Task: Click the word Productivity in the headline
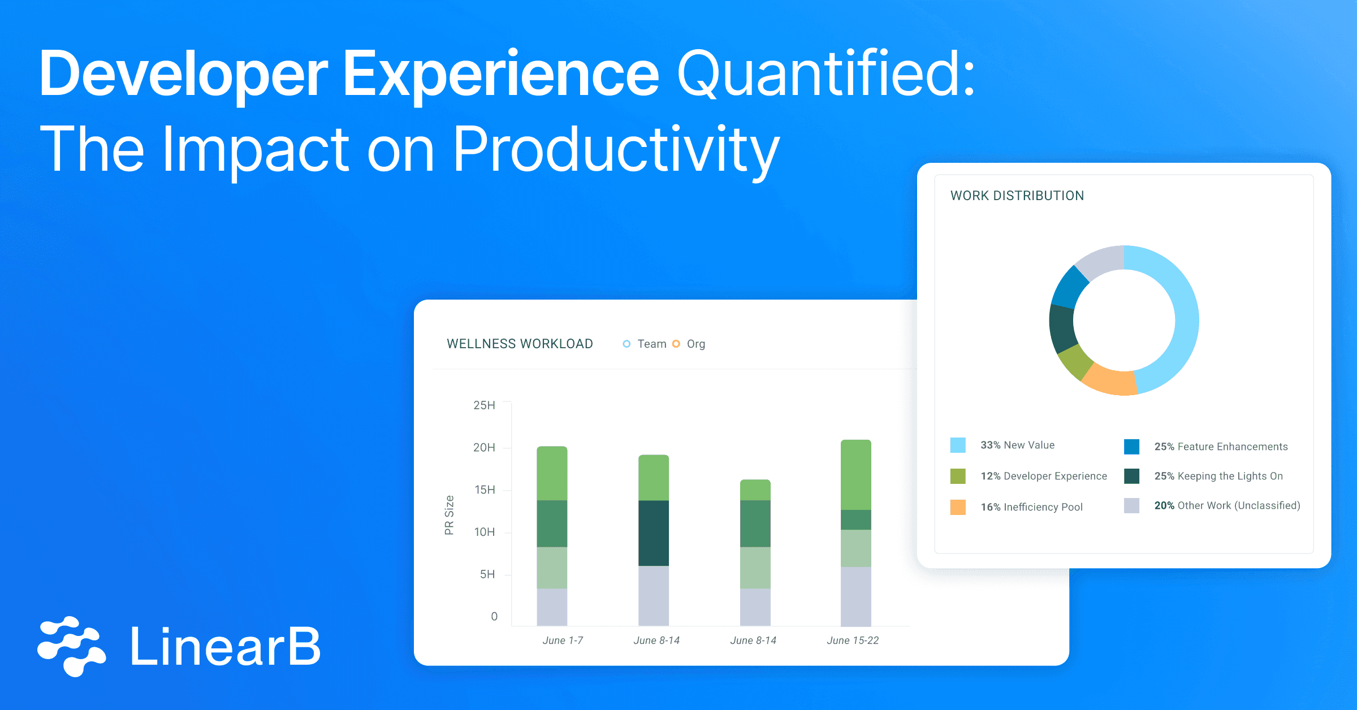pyautogui.click(x=616, y=150)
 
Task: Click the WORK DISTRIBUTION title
pyautogui.click(x=1017, y=196)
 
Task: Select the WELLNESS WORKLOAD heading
pyautogui.click(x=520, y=344)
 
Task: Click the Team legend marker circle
pyautogui.click(x=626, y=344)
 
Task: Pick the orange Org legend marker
pyautogui.click(x=676, y=344)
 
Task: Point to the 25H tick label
pyautogui.click(x=484, y=405)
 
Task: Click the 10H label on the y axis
pyautogui.click(x=484, y=532)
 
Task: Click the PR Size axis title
pyautogui.click(x=450, y=515)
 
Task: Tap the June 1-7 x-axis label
pyautogui.click(x=563, y=640)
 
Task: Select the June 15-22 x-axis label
pyautogui.click(x=853, y=640)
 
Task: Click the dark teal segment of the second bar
pyautogui.click(x=654, y=533)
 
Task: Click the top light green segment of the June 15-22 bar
pyautogui.click(x=856, y=475)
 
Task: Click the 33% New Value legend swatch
pyautogui.click(x=958, y=445)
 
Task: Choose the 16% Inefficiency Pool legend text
pyautogui.click(x=1031, y=507)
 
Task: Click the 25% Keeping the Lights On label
pyautogui.click(x=1218, y=476)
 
